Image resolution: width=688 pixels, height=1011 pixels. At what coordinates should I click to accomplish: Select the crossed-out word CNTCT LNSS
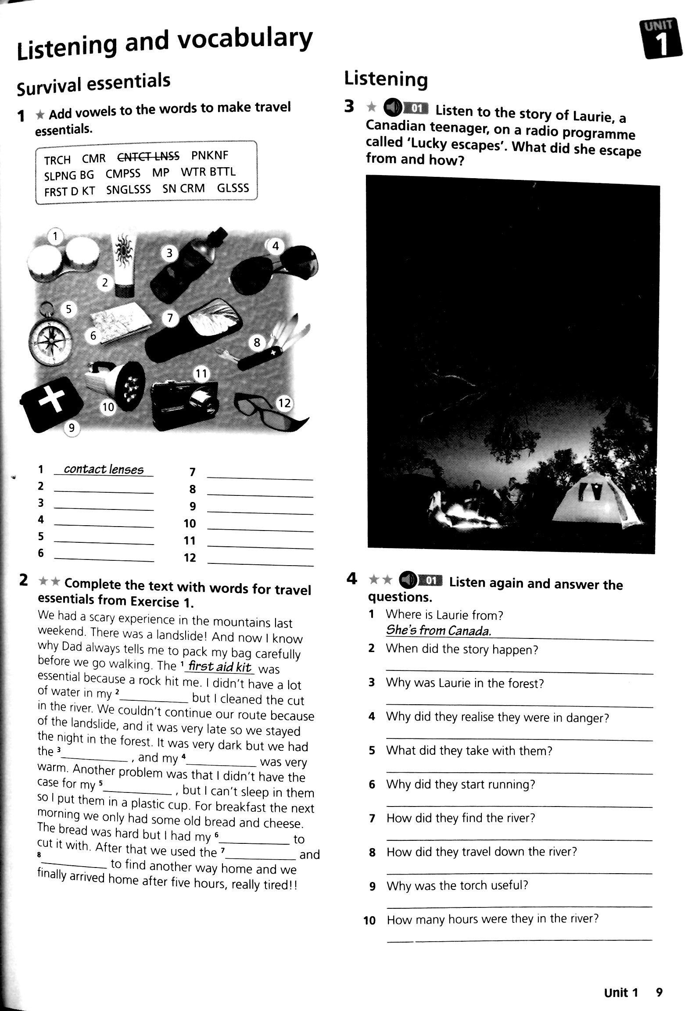tap(148, 157)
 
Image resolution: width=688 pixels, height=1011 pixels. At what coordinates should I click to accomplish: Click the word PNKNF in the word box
tap(210, 156)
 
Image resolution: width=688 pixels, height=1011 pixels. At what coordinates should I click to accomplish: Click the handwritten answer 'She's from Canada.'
tap(438, 631)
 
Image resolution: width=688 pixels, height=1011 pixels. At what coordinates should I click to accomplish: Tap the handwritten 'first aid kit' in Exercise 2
tap(219, 667)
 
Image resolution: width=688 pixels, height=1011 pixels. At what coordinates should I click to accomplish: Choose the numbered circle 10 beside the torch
tap(108, 407)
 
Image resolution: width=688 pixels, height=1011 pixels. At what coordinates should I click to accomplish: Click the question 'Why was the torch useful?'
tap(457, 886)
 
